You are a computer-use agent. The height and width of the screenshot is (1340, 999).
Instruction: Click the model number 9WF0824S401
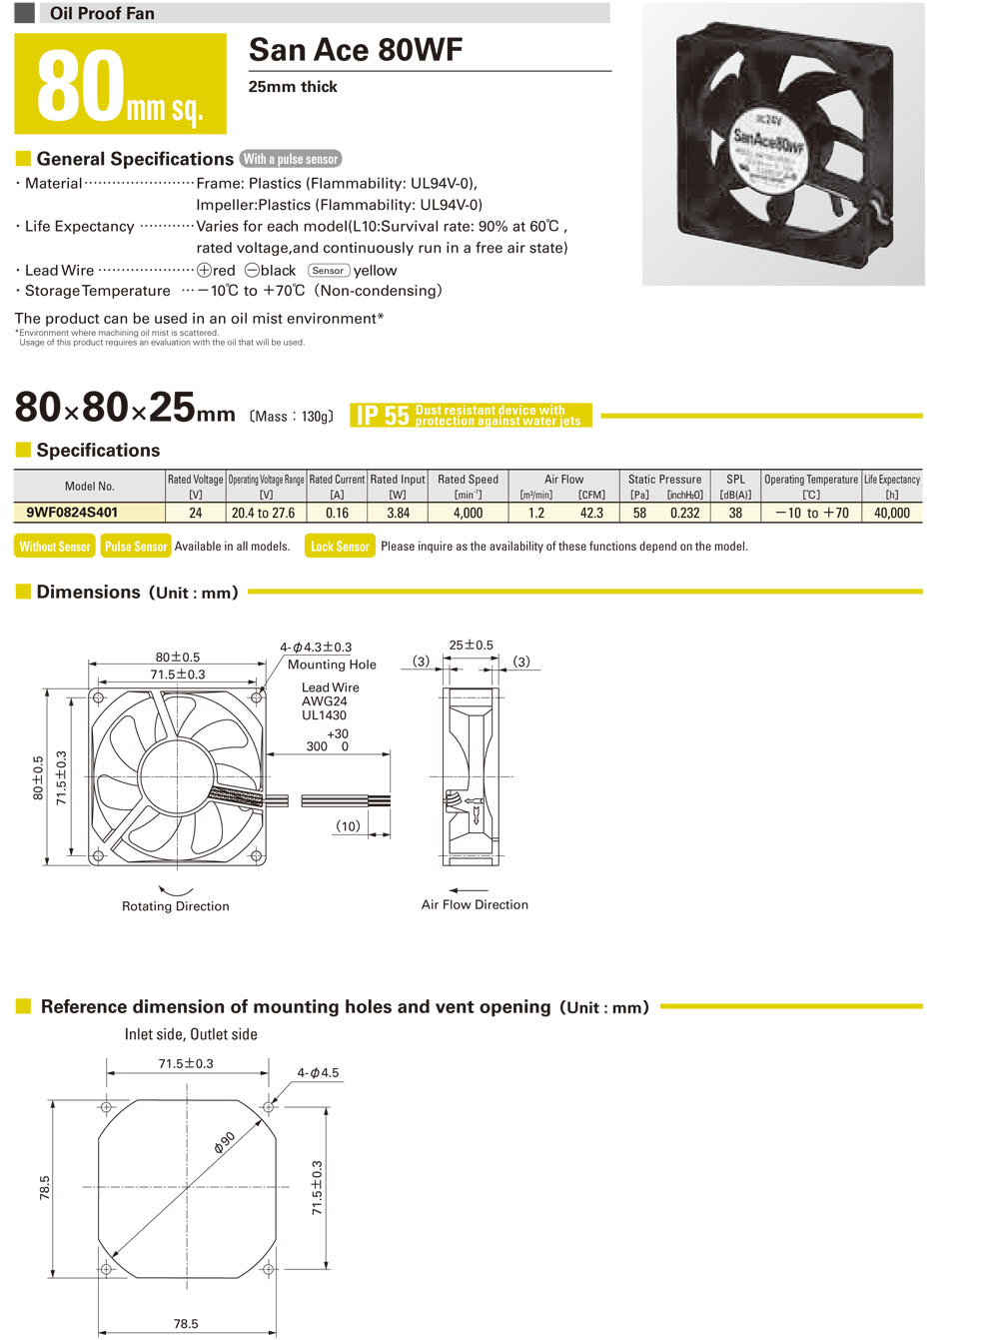coord(72,513)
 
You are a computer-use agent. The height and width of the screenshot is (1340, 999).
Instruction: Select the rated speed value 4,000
coord(468,513)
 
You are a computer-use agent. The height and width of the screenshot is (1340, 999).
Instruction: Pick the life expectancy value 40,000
coord(891,513)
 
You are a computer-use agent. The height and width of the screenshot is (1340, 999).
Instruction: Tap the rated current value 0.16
coord(337,513)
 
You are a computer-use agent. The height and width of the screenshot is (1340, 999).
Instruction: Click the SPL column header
coord(735,480)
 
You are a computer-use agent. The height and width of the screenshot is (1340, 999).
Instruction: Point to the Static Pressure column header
coord(664,480)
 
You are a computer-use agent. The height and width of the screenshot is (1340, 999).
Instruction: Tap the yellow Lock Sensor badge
coord(340,547)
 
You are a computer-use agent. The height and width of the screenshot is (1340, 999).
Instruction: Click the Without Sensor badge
coord(55,547)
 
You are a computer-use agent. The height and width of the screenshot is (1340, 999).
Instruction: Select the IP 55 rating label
coord(384,416)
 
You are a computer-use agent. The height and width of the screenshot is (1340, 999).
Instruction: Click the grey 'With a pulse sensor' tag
coord(291,159)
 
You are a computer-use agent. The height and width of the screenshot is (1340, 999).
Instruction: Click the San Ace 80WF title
coord(356,50)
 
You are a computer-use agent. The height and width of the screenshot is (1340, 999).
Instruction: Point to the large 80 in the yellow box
coord(80,87)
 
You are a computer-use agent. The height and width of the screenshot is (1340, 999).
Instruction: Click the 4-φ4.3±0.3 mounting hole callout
coord(316,648)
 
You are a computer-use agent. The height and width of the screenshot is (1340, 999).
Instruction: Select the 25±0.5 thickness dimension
coord(471,646)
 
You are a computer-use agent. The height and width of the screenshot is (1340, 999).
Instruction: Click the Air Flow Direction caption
coord(475,904)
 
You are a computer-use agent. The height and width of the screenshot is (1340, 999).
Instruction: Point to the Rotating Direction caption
coord(176,906)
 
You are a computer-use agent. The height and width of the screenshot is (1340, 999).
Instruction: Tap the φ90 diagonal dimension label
coord(224,1143)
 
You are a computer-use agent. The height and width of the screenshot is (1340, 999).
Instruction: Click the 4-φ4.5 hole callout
coord(318,1073)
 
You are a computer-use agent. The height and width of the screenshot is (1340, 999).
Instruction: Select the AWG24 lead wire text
coord(324,701)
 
